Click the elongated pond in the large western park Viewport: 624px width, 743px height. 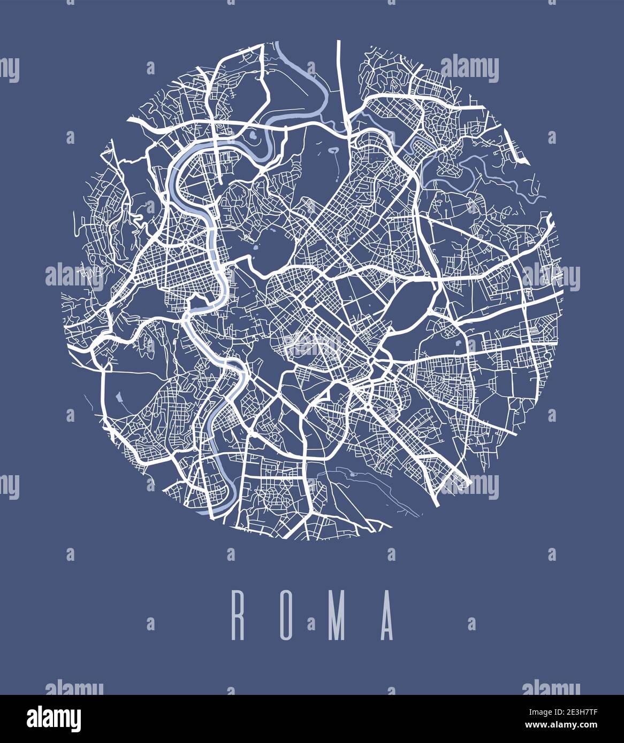pyautogui.click(x=118, y=398)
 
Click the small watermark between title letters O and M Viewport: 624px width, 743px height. pyautogui.click(x=311, y=623)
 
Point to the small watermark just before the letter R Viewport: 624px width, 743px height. pyautogui.click(x=150, y=623)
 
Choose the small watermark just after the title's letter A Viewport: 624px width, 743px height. pyautogui.click(x=471, y=623)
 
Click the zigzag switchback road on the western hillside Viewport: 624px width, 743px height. pyautogui.click(x=137, y=221)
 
